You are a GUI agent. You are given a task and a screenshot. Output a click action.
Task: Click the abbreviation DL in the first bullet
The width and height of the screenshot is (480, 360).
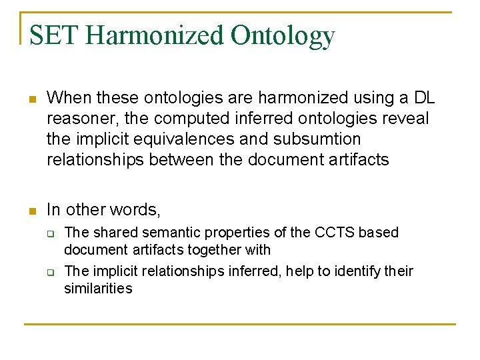(x=424, y=98)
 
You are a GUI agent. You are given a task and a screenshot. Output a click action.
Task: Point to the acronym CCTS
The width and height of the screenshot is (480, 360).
(x=330, y=233)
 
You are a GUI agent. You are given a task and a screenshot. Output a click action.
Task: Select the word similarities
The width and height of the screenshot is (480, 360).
(x=98, y=289)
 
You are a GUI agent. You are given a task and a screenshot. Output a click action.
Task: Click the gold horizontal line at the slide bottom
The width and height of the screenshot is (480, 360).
(x=240, y=324)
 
